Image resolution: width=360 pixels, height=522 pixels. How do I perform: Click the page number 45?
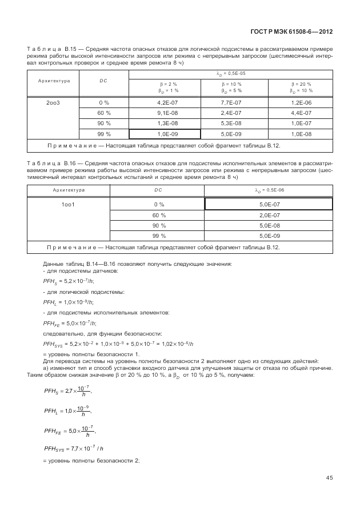tap(329, 477)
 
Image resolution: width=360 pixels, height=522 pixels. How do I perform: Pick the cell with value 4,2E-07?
tap(164, 102)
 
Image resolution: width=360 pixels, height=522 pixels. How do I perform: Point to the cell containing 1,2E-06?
tap(301, 102)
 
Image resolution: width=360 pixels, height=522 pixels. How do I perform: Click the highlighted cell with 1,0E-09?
tap(164, 134)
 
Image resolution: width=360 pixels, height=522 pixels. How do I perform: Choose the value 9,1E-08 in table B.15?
tap(164, 113)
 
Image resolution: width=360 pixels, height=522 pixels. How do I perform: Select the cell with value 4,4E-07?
tap(301, 113)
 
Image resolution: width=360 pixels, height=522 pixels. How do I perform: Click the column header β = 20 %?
tap(301, 87)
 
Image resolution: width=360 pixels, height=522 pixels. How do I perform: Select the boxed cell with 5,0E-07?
tap(268, 204)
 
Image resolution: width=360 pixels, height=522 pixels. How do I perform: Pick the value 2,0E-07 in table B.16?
tap(268, 215)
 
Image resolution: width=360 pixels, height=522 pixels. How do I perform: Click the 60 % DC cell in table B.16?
tap(159, 215)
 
